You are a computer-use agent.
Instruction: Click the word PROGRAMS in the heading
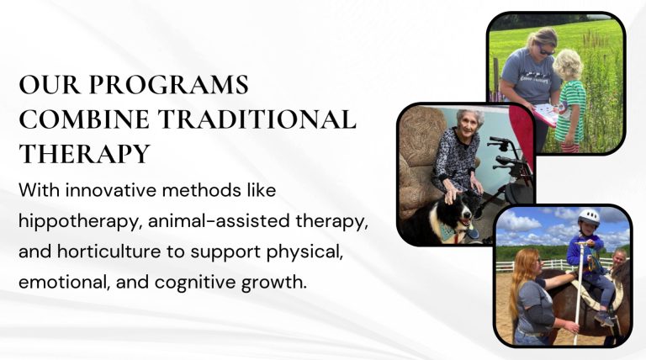tap(168, 84)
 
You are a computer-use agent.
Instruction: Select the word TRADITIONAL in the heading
tap(257, 119)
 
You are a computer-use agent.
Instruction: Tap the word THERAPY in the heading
tap(84, 154)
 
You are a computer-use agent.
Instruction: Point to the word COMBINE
tap(84, 119)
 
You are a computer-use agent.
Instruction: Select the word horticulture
tap(109, 251)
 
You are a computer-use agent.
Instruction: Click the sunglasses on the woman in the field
tap(547, 51)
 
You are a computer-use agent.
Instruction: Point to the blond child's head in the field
tap(567, 65)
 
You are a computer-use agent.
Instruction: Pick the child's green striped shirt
tap(571, 111)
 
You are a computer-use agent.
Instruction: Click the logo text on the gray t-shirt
tap(534, 78)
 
